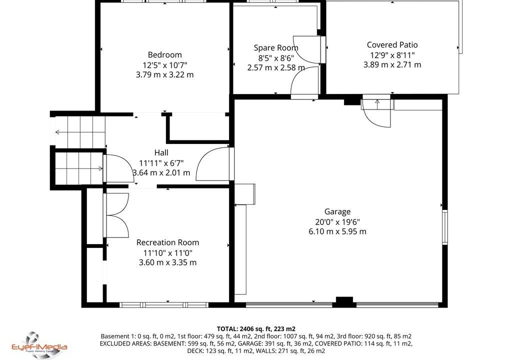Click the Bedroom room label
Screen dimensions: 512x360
click(x=164, y=54)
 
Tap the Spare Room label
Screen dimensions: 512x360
click(x=276, y=47)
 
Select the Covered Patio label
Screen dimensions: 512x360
click(x=392, y=45)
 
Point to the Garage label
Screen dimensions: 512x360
click(x=337, y=211)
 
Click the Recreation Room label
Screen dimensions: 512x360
click(x=167, y=242)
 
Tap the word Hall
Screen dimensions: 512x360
click(x=161, y=152)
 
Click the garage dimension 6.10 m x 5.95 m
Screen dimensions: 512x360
click(x=337, y=231)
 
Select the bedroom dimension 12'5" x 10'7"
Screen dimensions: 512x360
click(x=164, y=64)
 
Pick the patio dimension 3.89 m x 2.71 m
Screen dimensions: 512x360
click(x=392, y=64)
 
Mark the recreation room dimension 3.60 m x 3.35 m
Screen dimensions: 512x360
click(x=167, y=262)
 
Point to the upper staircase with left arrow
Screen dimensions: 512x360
click(x=80, y=132)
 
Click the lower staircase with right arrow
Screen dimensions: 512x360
click(x=78, y=168)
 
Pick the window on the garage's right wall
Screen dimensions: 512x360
click(x=444, y=227)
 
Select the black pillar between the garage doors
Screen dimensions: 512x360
click(x=344, y=302)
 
